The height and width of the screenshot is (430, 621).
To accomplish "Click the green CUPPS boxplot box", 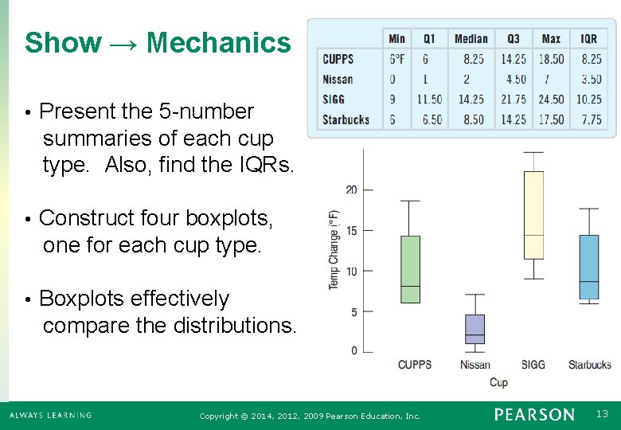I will (x=409, y=269).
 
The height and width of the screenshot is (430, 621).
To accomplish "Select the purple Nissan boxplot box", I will (x=475, y=329).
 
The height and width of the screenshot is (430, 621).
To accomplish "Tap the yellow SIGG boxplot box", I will (x=533, y=215).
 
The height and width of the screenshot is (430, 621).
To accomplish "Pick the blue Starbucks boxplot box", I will (x=588, y=267).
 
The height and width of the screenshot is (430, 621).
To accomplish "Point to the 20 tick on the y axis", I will (x=351, y=190).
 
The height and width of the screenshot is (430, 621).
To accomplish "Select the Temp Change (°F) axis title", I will (x=334, y=249).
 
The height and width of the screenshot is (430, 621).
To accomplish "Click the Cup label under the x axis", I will (x=498, y=382).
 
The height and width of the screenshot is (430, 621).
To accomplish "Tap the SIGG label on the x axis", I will (x=533, y=365).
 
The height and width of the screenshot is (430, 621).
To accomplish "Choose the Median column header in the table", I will (x=471, y=39).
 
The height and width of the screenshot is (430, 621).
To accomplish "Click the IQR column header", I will (x=588, y=39).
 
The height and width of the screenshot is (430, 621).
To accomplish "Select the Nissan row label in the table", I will (x=338, y=79).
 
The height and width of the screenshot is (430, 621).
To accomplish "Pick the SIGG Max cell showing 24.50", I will (x=551, y=100).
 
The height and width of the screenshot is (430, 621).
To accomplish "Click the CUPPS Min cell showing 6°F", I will (x=396, y=59).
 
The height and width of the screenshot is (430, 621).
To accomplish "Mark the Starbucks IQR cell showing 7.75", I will (x=592, y=119).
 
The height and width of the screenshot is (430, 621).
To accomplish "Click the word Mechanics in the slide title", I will (x=219, y=42).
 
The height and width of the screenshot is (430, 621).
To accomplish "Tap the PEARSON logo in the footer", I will (x=533, y=414).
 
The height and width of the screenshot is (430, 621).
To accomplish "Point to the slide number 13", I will (x=602, y=414).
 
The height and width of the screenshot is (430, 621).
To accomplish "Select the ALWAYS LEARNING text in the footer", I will (x=50, y=415).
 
